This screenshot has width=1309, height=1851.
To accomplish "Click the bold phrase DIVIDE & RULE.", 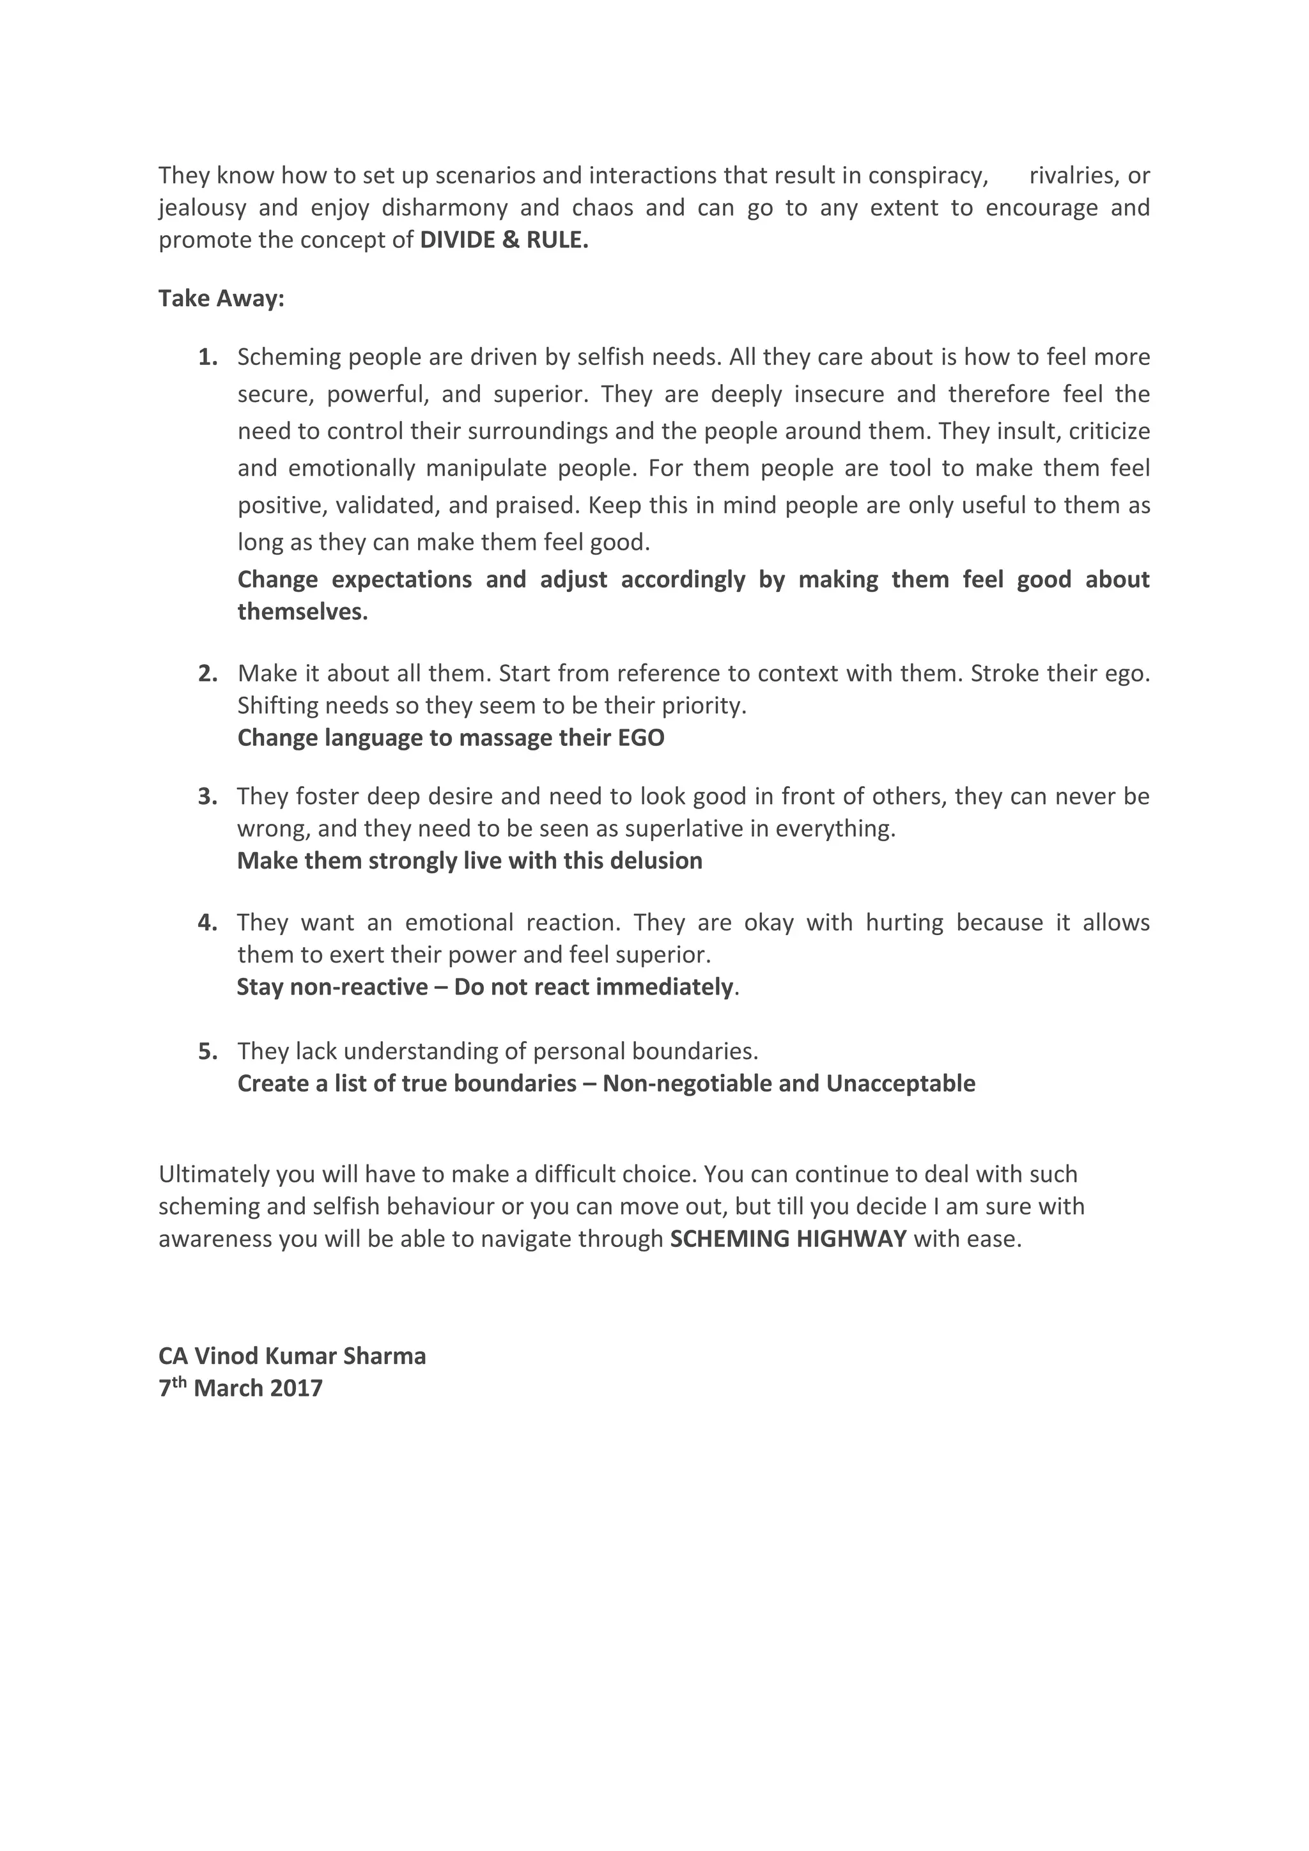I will click(x=504, y=241).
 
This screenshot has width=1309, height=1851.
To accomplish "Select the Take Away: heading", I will click(x=221, y=299).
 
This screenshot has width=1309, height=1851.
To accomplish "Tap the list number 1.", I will click(x=208, y=357).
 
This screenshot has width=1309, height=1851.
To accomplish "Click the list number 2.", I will click(x=208, y=673).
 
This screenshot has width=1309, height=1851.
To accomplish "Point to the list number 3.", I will click(x=208, y=796).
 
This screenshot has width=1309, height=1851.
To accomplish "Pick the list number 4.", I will click(x=208, y=922).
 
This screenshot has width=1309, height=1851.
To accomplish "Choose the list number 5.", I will click(x=208, y=1051).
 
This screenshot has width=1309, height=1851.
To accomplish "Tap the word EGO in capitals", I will click(x=641, y=738).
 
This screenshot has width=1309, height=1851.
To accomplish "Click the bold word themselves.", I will click(x=302, y=612).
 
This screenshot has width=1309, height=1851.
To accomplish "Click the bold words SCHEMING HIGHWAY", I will click(x=788, y=1239).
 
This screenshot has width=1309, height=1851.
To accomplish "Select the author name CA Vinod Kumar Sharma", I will click(x=292, y=1356).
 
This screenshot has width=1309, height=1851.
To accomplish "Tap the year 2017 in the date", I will click(x=296, y=1388).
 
